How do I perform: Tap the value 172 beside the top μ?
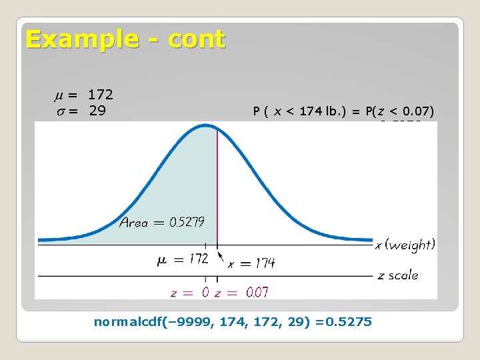coord(101,94)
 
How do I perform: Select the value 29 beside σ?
coord(97,110)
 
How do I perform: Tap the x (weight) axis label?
coord(405,245)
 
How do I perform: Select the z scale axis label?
coord(398,275)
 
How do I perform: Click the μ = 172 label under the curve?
coord(183,259)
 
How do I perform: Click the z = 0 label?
coord(189,291)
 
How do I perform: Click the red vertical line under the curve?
coord(216,187)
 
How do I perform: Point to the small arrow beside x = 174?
coord(221,255)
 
